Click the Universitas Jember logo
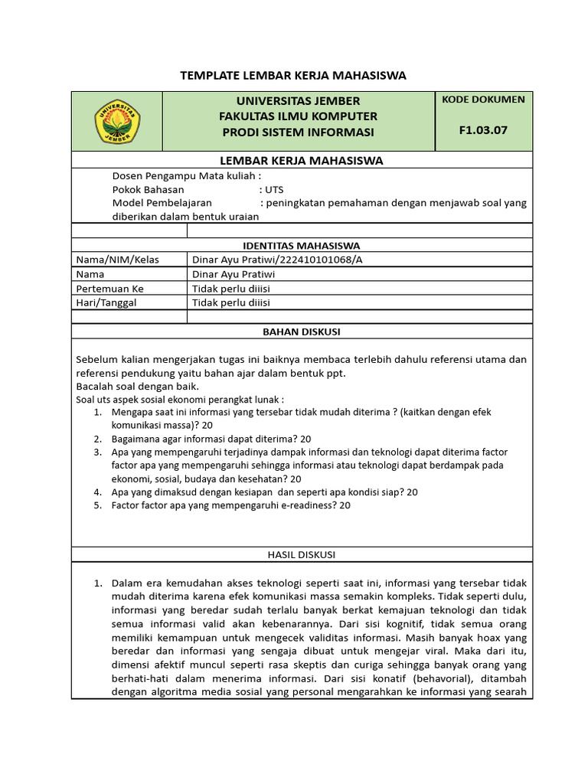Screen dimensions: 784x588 coord(117,122)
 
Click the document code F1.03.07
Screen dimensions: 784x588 coord(483,129)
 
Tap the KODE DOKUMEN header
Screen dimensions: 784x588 coord(483,100)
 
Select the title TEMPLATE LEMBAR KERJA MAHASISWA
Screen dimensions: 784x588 coord(293,75)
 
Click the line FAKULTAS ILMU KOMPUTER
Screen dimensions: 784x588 coord(298,116)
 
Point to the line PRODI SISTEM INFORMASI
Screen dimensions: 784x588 coord(298,132)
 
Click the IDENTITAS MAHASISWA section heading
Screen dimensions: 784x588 coord(301,246)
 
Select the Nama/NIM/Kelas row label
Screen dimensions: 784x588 coord(117,260)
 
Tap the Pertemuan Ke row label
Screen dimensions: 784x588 coord(109,289)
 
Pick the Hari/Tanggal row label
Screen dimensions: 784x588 coord(107,302)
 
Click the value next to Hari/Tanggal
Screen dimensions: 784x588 coord(230,302)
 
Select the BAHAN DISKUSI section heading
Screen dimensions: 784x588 coord(301,332)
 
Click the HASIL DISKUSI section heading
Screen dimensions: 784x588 coord(301,554)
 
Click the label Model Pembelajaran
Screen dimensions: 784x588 coord(162,203)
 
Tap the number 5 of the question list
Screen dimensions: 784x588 coord(97,505)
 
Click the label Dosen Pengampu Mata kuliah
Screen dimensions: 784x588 coord(184,175)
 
